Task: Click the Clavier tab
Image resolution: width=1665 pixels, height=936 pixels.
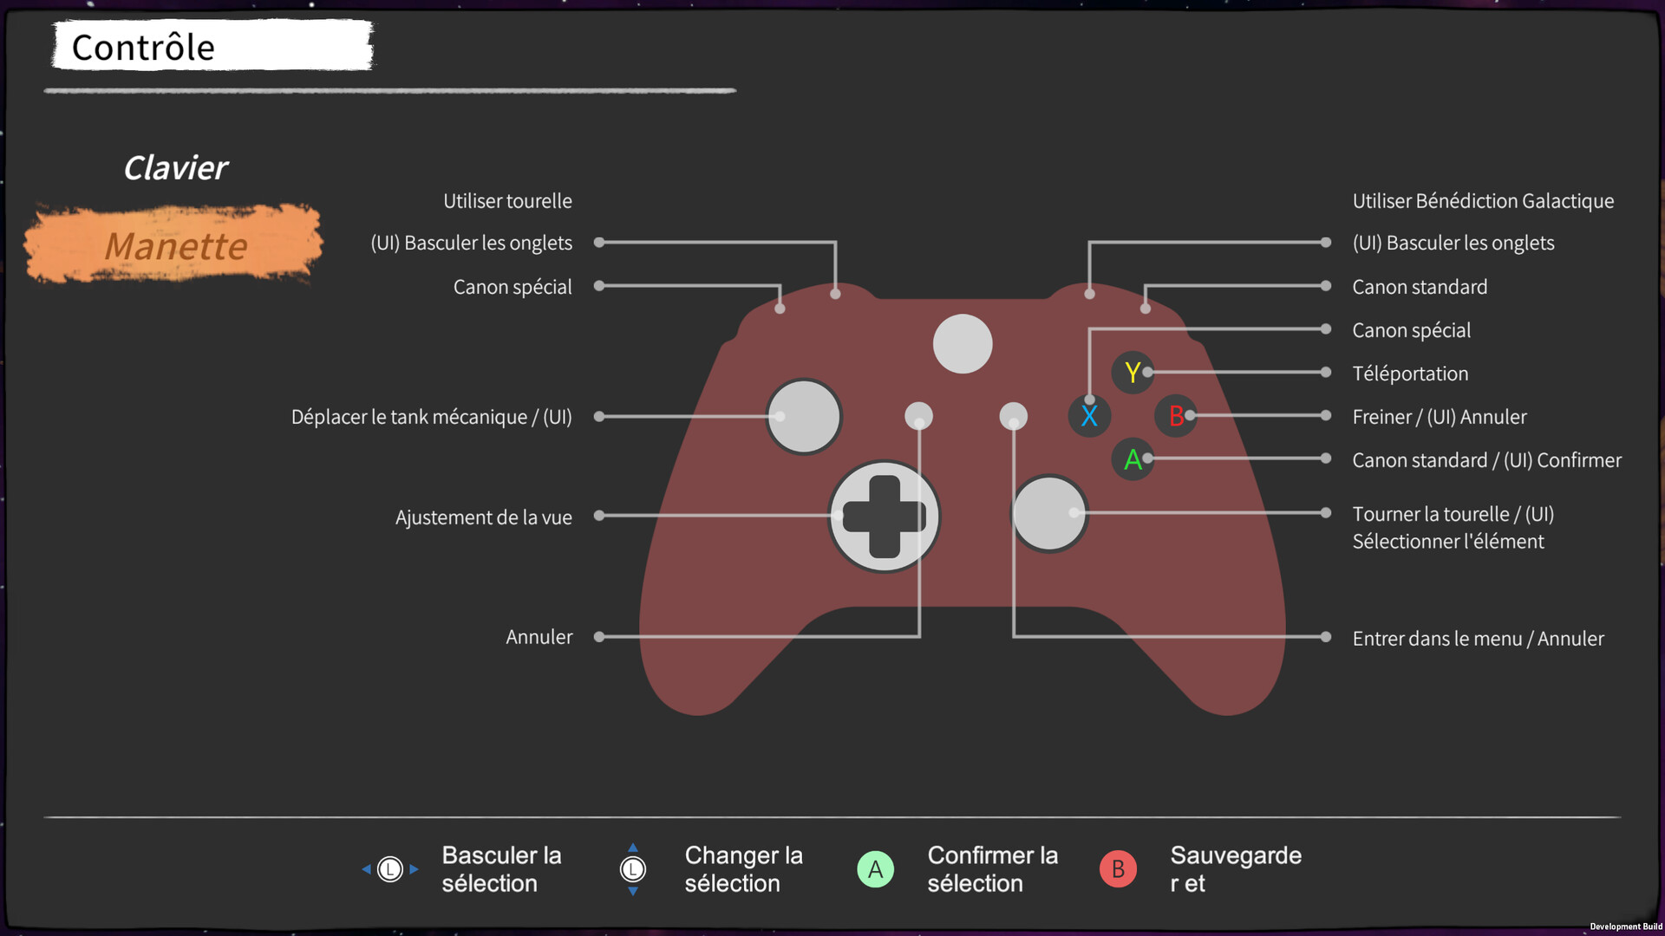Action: point(175,168)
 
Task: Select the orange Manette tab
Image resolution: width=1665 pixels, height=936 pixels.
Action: point(175,246)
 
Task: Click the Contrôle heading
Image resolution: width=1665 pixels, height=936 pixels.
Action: point(143,48)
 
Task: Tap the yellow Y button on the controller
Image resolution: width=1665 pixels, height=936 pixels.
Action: point(1132,373)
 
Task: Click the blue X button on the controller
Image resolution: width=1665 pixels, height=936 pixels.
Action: point(1089,416)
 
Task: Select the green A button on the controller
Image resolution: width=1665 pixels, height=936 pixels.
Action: point(1132,459)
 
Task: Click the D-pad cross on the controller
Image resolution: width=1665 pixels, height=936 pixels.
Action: point(884,517)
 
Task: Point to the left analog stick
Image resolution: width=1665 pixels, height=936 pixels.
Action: point(804,417)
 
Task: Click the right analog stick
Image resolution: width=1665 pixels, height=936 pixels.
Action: point(1049,513)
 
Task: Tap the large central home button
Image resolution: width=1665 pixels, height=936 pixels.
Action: point(963,344)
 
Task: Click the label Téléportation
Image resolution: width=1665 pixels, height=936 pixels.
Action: point(1410,374)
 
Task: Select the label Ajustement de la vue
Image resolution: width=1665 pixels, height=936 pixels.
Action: point(483,517)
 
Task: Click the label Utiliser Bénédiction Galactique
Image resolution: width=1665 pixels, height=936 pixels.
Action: point(1483,201)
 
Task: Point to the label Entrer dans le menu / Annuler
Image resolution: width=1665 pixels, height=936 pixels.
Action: point(1478,639)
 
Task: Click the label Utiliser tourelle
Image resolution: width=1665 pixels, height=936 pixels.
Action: point(507,201)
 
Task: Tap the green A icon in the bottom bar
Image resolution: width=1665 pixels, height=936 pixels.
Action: point(875,869)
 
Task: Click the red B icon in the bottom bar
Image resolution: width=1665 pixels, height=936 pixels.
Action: point(1118,869)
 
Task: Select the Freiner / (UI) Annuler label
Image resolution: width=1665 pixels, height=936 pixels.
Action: point(1440,417)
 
